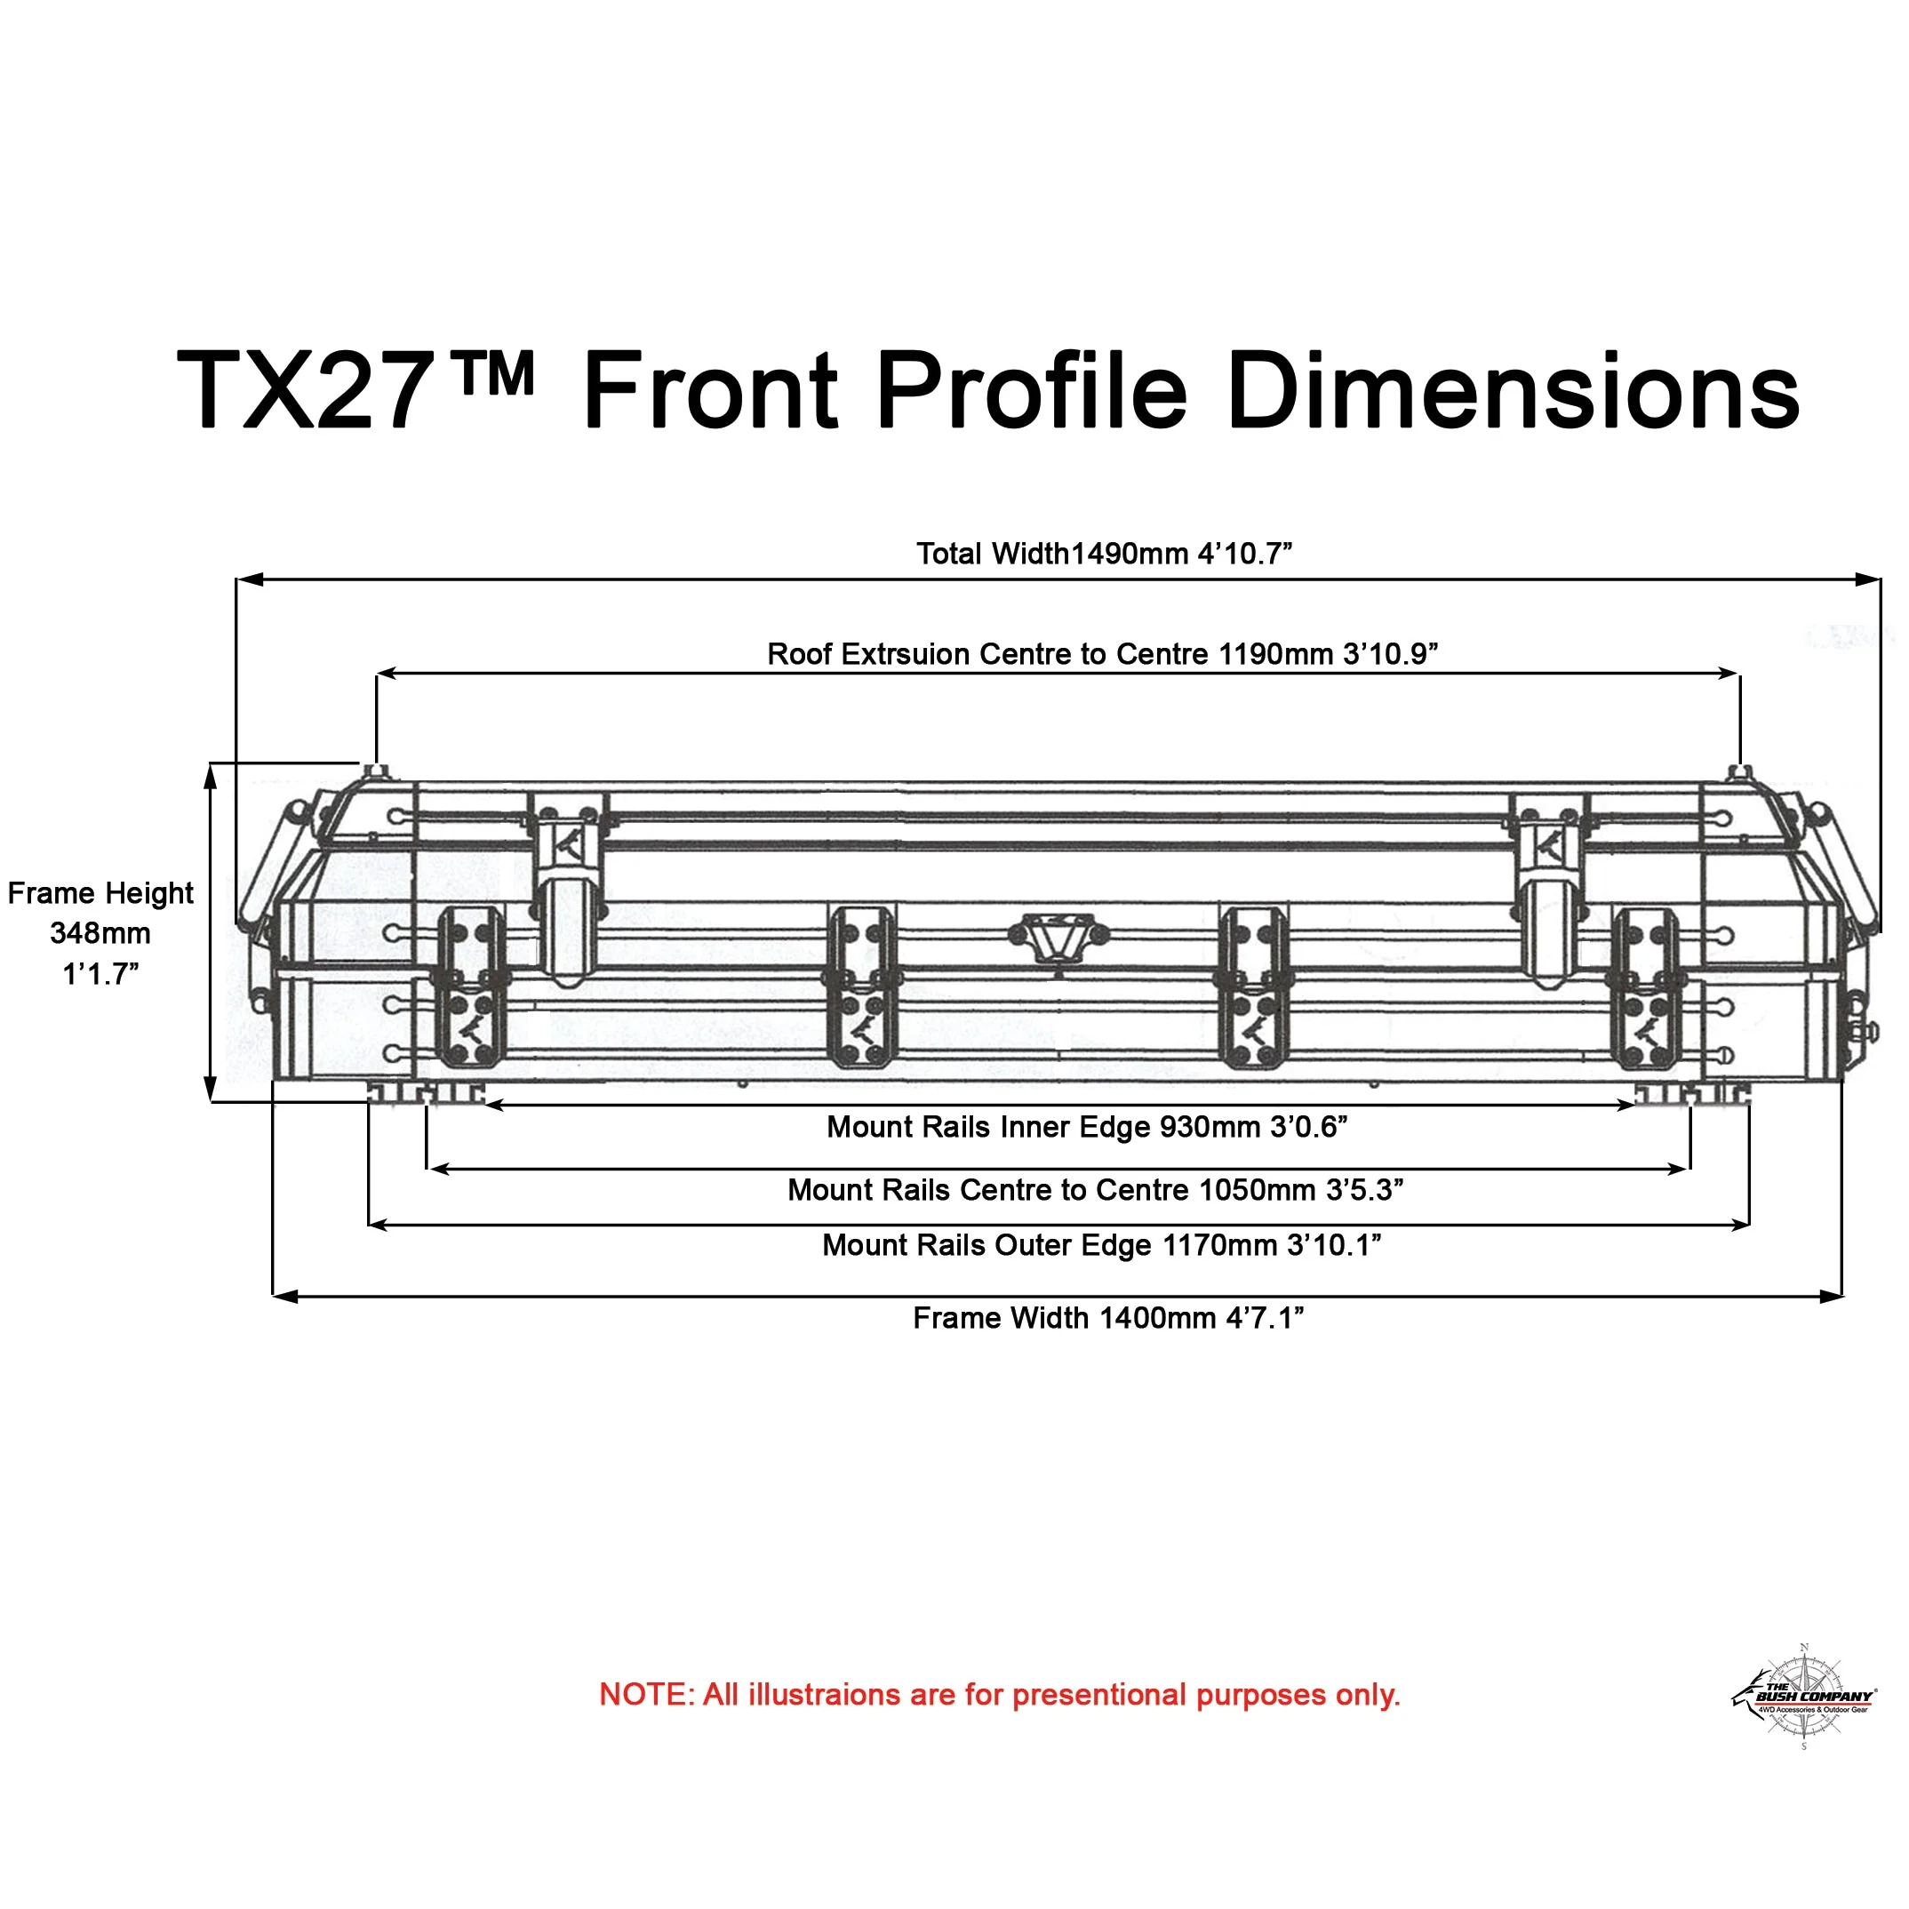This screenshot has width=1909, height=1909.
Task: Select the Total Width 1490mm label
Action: click(x=1103, y=555)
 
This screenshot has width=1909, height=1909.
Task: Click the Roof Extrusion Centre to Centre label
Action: click(x=1103, y=654)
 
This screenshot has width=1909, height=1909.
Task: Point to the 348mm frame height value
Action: click(x=100, y=934)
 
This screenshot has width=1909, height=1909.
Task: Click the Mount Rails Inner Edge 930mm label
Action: click(x=1087, y=1128)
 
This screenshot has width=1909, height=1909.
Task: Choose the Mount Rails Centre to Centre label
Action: click(x=1095, y=1190)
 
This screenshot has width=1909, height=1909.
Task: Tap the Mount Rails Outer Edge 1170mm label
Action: click(x=1101, y=1245)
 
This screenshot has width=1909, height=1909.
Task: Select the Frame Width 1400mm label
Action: click(x=1107, y=1318)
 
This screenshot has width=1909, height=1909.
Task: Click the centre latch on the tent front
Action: click(x=1058, y=936)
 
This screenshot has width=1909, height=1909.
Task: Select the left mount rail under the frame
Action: click(x=426, y=1093)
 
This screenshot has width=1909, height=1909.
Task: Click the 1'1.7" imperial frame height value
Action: click(x=100, y=974)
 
